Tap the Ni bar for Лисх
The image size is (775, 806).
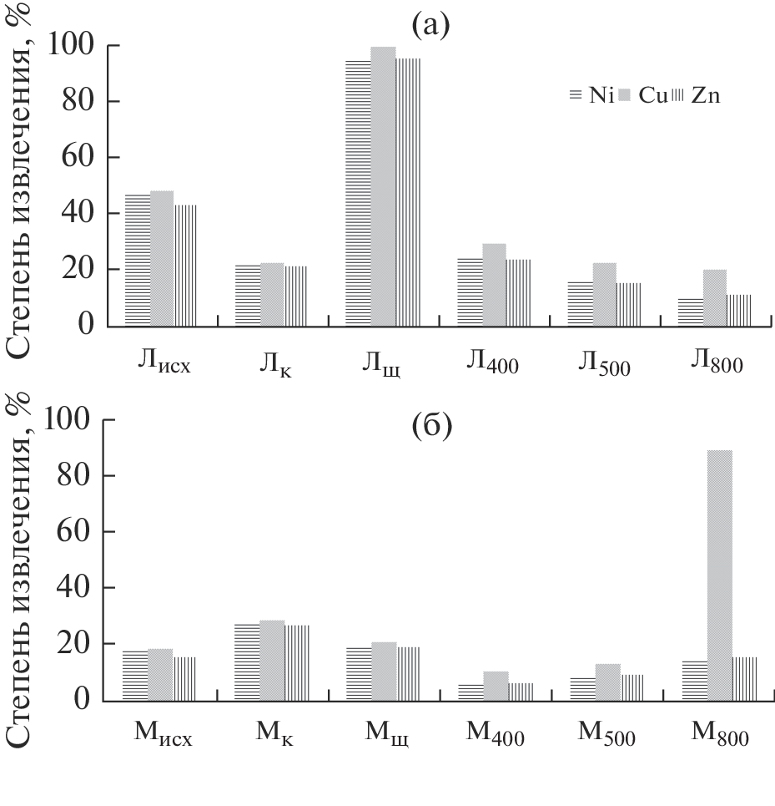click(x=138, y=260)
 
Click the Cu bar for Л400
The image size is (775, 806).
click(x=494, y=285)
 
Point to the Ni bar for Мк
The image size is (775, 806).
click(x=248, y=662)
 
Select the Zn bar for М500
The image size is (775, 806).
click(x=632, y=687)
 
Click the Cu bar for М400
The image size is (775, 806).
click(x=496, y=686)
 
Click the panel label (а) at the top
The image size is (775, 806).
click(x=430, y=26)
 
